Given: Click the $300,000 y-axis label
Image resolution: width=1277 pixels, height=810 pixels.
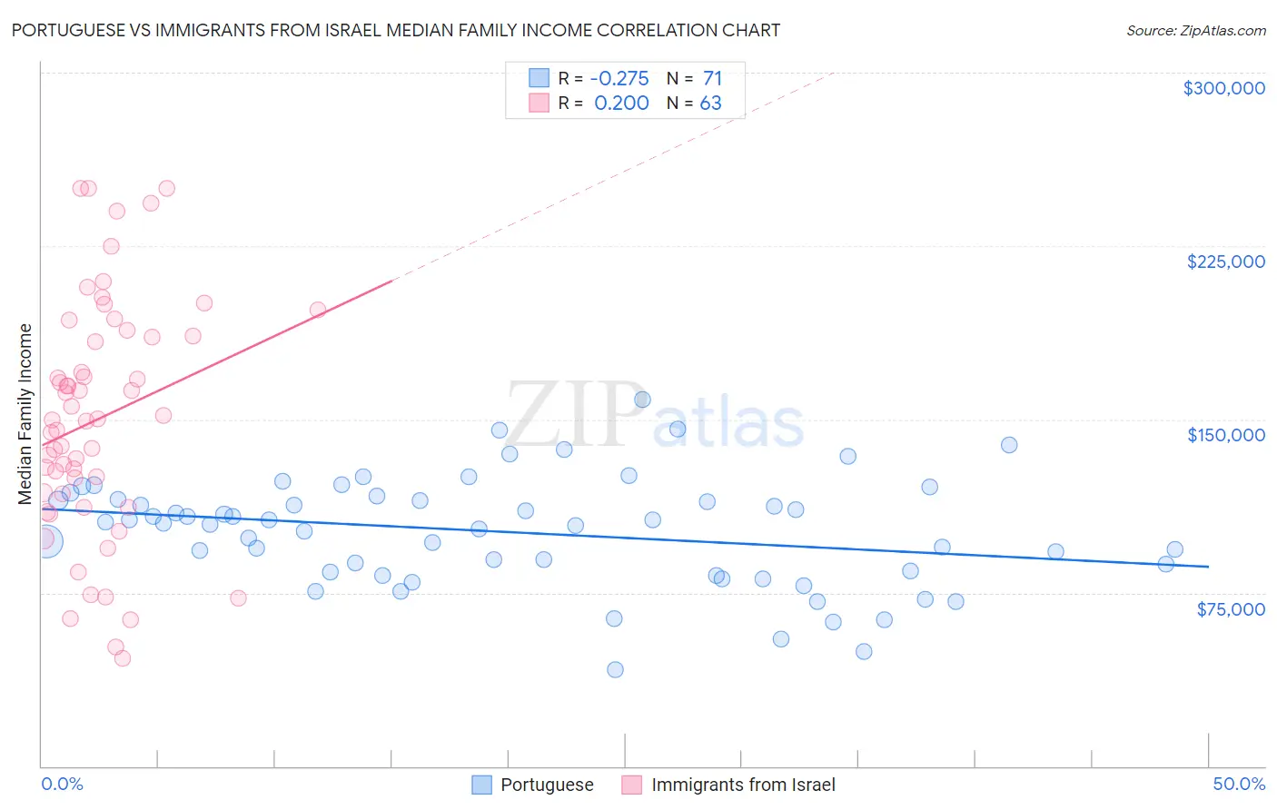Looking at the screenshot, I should [x=1223, y=88].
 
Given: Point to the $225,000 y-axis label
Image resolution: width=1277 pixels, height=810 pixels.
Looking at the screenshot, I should [x=1225, y=262].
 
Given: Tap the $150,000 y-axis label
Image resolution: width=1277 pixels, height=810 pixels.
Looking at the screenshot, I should [x=1225, y=435].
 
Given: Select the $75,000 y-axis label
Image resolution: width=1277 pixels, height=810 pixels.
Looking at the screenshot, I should [x=1230, y=609].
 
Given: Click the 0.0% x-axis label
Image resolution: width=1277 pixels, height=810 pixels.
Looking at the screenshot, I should [x=62, y=784].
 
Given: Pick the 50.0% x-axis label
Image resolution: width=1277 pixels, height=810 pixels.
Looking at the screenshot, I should [x=1239, y=784].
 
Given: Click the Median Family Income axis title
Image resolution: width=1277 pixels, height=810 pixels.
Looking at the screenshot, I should [x=25, y=414].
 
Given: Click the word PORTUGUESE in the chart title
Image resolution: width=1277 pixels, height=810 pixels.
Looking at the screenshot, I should [x=67, y=30].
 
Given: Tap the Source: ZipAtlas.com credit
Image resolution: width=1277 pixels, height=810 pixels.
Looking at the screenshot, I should [x=1195, y=31].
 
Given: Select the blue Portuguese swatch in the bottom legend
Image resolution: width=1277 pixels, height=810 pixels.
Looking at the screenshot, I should [x=481, y=785].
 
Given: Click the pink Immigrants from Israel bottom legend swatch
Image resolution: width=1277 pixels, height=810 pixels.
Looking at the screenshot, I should [x=631, y=785].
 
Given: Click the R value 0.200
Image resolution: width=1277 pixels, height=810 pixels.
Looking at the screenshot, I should [x=621, y=104].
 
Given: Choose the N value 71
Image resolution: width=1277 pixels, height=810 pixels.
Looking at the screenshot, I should [x=712, y=78].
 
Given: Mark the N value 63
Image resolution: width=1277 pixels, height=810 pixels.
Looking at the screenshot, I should [x=710, y=104].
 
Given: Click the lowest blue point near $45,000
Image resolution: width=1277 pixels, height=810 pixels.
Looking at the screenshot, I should [x=615, y=669].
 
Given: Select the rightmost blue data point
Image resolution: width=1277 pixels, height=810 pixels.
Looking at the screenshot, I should [x=1174, y=549].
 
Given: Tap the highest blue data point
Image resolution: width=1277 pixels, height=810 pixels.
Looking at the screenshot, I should [x=642, y=400].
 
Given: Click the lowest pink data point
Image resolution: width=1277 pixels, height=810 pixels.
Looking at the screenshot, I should [x=123, y=658].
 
